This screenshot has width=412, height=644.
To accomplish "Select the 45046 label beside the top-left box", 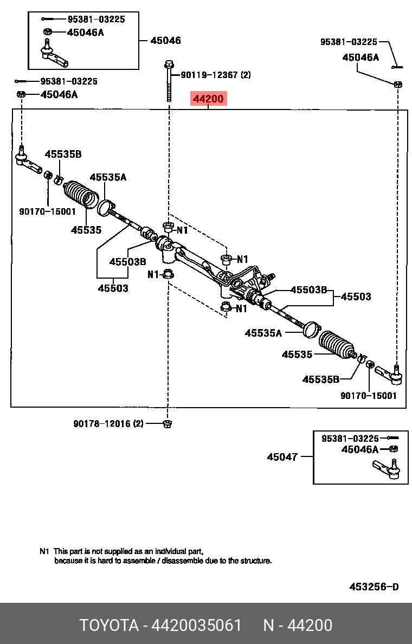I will click(x=165, y=41).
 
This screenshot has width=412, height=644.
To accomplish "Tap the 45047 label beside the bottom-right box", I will click(x=282, y=457).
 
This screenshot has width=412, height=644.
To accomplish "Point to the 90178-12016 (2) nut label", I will click(x=108, y=423).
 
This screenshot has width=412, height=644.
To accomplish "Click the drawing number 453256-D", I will click(x=374, y=587).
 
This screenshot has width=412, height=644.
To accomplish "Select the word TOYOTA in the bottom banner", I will click(x=110, y=626).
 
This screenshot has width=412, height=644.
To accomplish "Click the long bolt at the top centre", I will click(x=169, y=81).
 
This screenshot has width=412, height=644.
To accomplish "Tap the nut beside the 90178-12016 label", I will click(x=168, y=423).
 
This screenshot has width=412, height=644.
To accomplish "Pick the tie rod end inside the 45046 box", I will click(x=53, y=53).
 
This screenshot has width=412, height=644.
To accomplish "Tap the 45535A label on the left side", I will click(x=108, y=177).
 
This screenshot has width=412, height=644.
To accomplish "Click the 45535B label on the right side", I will click(x=320, y=379).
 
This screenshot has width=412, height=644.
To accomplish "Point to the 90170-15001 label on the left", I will click(x=48, y=211).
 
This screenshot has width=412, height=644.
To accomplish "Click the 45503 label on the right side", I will click(x=356, y=297).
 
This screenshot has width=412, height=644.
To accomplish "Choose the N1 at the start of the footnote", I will click(x=44, y=550).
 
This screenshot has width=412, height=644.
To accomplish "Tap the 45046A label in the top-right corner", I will click(x=360, y=57).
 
